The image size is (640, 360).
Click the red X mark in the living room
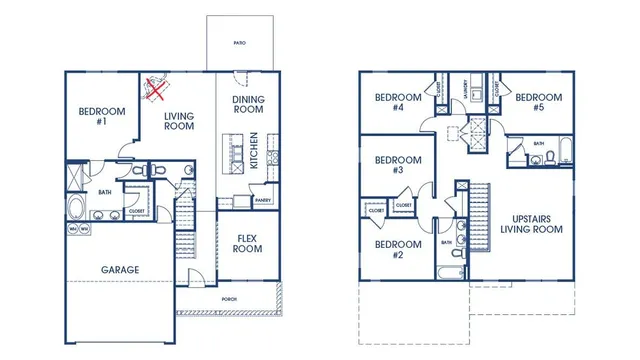(155, 90)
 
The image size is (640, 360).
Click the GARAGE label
(120, 269)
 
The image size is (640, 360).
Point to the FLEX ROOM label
(247, 243)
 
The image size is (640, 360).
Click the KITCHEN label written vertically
(255, 150)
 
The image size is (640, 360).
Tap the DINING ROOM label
(247, 105)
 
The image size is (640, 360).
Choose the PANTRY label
(263, 200)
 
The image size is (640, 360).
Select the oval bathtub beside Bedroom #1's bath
(78, 207)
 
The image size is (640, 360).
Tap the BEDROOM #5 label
(538, 102)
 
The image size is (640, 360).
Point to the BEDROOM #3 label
(397, 164)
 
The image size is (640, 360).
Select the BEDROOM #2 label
(397, 248)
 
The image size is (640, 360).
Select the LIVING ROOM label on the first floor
(179, 122)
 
